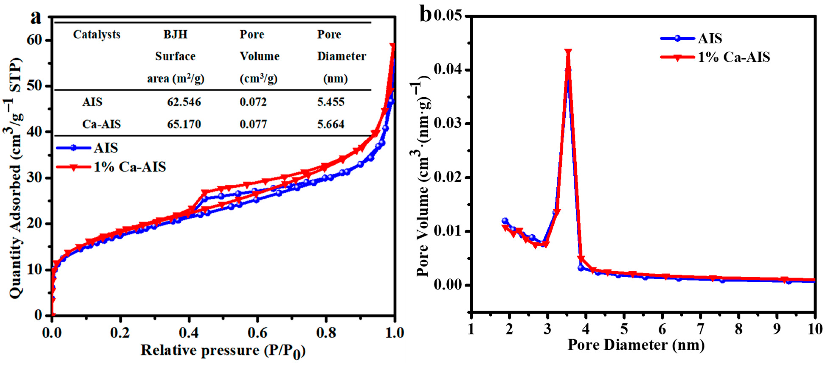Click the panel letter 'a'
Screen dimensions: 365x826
(36, 18)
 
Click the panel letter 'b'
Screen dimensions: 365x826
(426, 14)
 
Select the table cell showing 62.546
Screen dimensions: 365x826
(184, 102)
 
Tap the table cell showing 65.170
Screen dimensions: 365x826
(184, 124)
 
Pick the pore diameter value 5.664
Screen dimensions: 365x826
(331, 124)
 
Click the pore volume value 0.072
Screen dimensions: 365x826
(253, 102)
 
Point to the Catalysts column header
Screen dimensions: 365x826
(97, 35)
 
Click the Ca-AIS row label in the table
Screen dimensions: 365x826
(101, 124)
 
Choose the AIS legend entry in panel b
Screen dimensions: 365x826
(710, 38)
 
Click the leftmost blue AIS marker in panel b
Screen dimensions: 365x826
(505, 221)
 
